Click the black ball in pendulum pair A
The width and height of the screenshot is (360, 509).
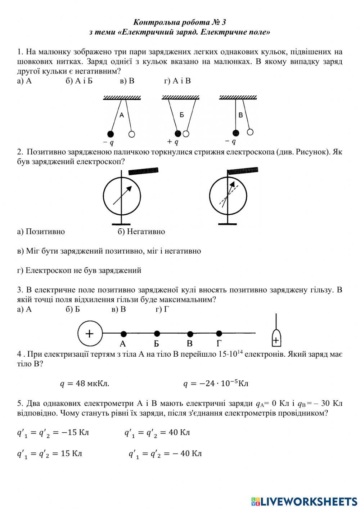111,134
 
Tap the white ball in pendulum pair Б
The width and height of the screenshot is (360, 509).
186,134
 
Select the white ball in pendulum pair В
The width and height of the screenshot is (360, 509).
250,132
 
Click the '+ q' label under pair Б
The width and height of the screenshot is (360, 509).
173,142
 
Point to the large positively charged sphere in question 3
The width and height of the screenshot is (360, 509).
90,333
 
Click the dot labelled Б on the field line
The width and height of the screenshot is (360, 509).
157,334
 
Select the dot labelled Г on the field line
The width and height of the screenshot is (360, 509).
219,333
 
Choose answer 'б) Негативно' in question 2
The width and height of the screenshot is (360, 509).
141,232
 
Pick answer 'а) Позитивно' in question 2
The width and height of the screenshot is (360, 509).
41,232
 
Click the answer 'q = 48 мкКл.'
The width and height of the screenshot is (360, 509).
84,384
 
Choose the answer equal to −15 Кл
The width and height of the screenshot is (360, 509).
53,433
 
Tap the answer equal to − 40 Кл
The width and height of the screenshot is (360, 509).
165,454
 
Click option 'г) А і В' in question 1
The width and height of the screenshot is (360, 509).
177,81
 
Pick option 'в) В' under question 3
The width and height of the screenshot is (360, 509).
119,309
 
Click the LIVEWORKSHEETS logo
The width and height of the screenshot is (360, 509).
305,501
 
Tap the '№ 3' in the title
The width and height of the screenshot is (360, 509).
217,22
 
